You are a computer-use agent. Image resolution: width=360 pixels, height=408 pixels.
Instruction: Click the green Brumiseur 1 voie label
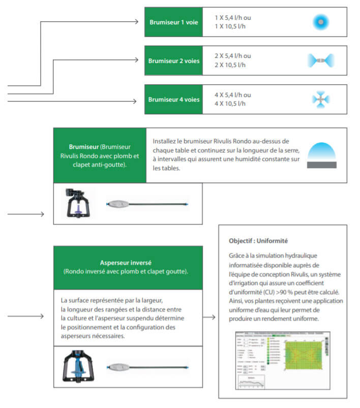point(173,22)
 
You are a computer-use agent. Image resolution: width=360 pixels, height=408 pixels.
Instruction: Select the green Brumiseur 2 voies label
point(173,61)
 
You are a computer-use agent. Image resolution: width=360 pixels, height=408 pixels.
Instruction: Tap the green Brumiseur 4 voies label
point(173,100)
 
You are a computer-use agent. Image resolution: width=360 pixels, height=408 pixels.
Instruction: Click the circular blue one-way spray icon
point(321,22)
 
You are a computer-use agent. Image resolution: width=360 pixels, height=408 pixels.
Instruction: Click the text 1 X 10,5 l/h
point(230,26)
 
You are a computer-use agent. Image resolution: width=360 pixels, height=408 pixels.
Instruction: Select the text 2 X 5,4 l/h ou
point(233,56)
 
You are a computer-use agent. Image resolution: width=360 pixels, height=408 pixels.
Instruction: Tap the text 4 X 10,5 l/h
point(230,104)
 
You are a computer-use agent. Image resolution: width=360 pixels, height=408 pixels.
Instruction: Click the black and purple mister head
point(78,203)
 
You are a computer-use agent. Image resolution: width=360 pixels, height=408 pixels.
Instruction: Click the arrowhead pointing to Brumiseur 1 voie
point(136,22)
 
